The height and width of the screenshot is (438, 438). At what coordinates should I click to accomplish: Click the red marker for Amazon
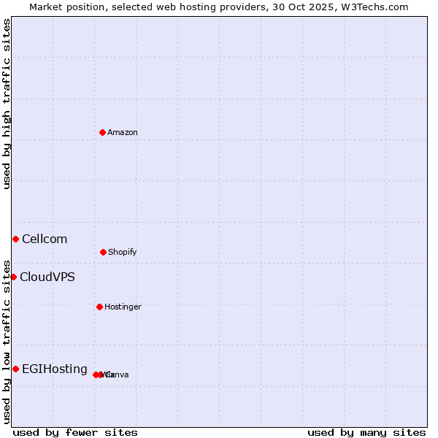click(x=102, y=132)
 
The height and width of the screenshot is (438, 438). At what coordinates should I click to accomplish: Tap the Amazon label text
click(x=123, y=133)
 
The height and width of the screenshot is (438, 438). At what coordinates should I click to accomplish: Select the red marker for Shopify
click(x=103, y=252)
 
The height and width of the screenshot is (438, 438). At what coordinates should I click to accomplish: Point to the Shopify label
click(x=123, y=253)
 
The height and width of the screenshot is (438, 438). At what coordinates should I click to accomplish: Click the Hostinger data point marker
click(x=99, y=307)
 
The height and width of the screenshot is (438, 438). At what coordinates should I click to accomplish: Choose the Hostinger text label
click(x=123, y=307)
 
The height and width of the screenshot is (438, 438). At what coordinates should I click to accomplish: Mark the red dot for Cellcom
click(x=15, y=239)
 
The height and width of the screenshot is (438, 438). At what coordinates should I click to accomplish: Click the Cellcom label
click(x=45, y=239)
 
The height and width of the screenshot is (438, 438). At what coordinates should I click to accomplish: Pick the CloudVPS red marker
click(x=13, y=277)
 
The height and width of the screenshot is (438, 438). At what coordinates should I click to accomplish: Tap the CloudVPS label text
click(x=47, y=277)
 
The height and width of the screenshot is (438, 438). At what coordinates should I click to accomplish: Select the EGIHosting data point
click(x=15, y=369)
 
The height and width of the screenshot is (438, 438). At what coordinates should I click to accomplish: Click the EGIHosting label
click(x=55, y=369)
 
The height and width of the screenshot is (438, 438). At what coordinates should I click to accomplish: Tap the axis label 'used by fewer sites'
click(x=75, y=433)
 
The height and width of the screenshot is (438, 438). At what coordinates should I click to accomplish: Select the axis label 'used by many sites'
click(x=366, y=433)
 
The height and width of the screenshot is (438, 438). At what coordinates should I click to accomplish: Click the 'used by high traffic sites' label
click(x=7, y=104)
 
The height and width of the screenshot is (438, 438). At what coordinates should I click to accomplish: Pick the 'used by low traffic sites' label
click(x=7, y=341)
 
